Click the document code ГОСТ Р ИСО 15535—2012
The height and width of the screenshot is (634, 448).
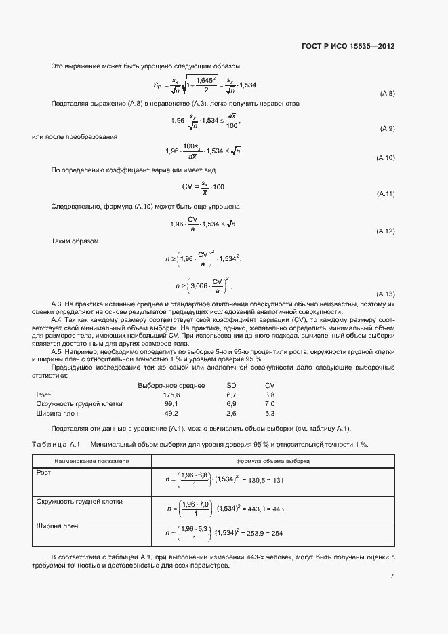348,47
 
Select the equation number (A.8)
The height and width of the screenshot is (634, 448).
386,93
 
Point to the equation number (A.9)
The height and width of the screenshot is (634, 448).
386,128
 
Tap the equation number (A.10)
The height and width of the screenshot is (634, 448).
385,157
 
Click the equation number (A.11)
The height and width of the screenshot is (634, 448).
385,194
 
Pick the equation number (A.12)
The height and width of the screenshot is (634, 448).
385,231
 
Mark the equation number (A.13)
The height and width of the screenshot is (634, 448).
385,293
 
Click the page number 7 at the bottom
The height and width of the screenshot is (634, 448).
392,576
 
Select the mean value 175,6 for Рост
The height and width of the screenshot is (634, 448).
171,394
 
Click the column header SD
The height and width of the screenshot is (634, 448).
230,384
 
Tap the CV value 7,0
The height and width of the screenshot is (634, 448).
270,403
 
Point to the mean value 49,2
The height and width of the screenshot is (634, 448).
171,413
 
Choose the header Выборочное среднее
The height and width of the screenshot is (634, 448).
171,384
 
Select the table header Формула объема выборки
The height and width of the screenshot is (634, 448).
272,460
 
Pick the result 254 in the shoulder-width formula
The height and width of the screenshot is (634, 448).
277,534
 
